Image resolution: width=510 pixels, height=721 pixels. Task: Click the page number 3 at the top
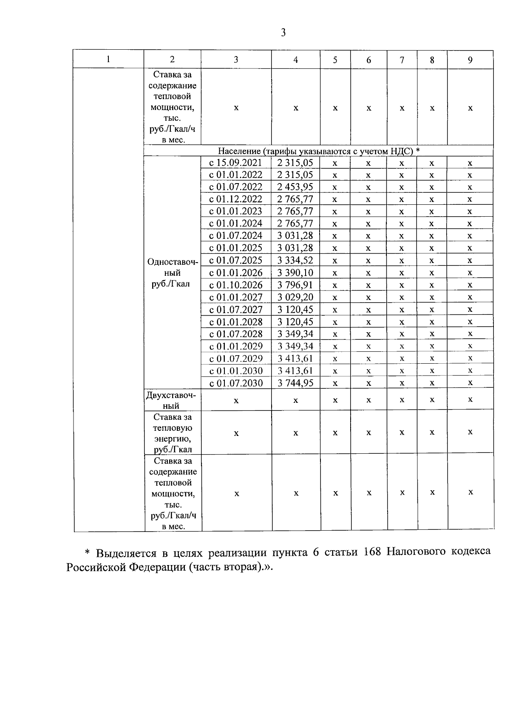click(283, 33)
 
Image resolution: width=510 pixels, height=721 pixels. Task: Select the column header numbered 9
click(470, 60)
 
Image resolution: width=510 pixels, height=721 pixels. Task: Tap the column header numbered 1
click(108, 59)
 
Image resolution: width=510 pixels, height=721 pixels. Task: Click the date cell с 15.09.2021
click(236, 163)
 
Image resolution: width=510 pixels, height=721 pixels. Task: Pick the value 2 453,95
click(295, 187)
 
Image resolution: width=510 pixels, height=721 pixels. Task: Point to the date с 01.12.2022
click(236, 199)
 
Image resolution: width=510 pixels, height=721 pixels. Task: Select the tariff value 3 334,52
click(295, 260)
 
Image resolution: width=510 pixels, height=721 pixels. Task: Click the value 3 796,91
click(295, 285)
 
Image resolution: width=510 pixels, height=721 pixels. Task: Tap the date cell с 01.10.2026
click(236, 285)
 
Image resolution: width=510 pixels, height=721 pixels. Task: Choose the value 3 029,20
click(295, 297)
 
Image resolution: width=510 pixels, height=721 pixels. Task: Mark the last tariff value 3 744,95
click(295, 383)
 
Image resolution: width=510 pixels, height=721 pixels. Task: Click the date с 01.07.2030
click(236, 383)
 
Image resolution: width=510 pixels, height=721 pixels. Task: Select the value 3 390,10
click(295, 273)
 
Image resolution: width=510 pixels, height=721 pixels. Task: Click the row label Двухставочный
click(171, 400)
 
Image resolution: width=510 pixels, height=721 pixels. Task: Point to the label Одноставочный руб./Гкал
click(172, 273)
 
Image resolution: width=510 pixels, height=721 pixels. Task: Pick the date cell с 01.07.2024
click(236, 236)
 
